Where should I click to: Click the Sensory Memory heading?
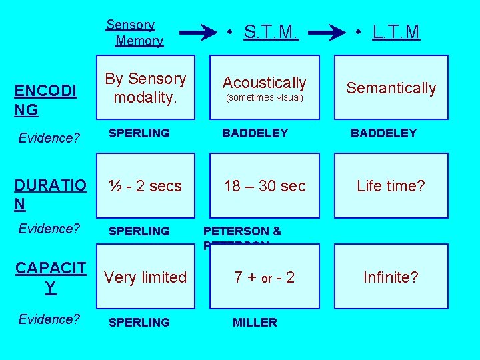pos(135,33)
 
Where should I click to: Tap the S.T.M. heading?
pos(271,31)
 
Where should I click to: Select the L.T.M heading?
pos(396,31)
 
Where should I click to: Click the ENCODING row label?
pos(45,100)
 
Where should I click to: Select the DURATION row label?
pos(50,195)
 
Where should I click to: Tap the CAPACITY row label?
pos(51,277)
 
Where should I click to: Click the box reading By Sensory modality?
pos(145,88)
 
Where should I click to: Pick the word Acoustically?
pos(264,83)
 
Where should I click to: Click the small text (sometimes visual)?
pos(265,98)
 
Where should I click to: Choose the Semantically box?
pos(391,88)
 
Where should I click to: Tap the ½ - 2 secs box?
pos(145,186)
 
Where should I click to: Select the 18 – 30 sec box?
pos(265,186)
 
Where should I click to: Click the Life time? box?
pos(391,186)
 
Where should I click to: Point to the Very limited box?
pos(145,277)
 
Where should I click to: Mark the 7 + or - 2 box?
pos(265,277)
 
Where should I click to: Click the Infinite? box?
pos(391,277)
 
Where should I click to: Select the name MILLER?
pos(255,323)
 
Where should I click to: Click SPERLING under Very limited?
pos(139,323)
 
